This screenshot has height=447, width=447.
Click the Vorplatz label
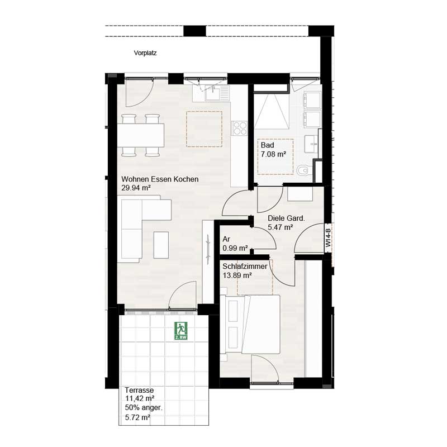pos(145,54)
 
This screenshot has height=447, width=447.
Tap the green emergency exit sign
pos(181,330)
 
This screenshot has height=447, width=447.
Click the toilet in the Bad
pos(303,170)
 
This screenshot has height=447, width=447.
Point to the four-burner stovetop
pos(240,128)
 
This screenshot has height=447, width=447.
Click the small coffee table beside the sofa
pos(161,245)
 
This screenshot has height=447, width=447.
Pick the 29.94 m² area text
pos(136,188)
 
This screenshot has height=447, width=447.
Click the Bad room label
pos(267,145)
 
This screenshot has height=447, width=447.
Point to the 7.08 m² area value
pos(273,154)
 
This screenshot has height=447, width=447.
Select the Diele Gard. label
pos(286,218)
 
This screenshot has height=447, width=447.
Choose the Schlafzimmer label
pos(244,267)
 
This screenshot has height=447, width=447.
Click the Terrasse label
pos(139,391)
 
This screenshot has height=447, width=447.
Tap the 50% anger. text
pos(144,408)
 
